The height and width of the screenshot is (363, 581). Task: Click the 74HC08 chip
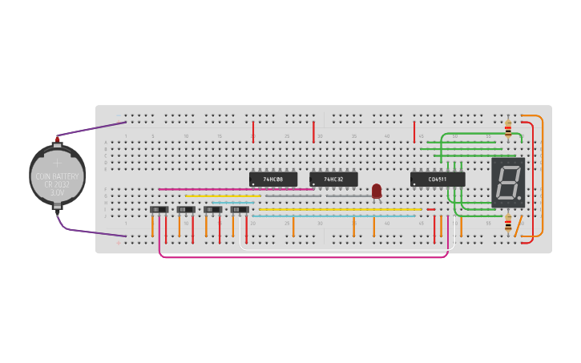[x=272, y=179]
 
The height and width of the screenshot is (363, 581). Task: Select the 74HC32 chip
[x=333, y=179]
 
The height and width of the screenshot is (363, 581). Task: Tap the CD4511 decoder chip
[x=438, y=179]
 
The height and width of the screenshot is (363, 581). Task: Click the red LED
[x=377, y=191]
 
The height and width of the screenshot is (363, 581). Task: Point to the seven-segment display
[x=507, y=183]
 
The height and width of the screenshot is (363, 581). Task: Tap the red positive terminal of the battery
[x=58, y=139]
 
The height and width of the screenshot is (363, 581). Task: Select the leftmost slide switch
[x=159, y=210]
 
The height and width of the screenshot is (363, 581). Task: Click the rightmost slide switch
[x=240, y=210]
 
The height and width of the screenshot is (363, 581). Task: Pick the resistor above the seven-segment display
[x=508, y=127]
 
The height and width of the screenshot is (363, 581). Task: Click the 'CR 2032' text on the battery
[x=57, y=185]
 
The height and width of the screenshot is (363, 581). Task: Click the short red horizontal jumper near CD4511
[x=431, y=210]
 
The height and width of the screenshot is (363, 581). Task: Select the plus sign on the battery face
[x=57, y=163]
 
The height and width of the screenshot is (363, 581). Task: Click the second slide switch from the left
[x=186, y=210]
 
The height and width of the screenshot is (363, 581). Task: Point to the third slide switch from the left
[x=212, y=210]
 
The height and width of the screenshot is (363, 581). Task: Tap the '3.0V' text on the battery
[x=57, y=193]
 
